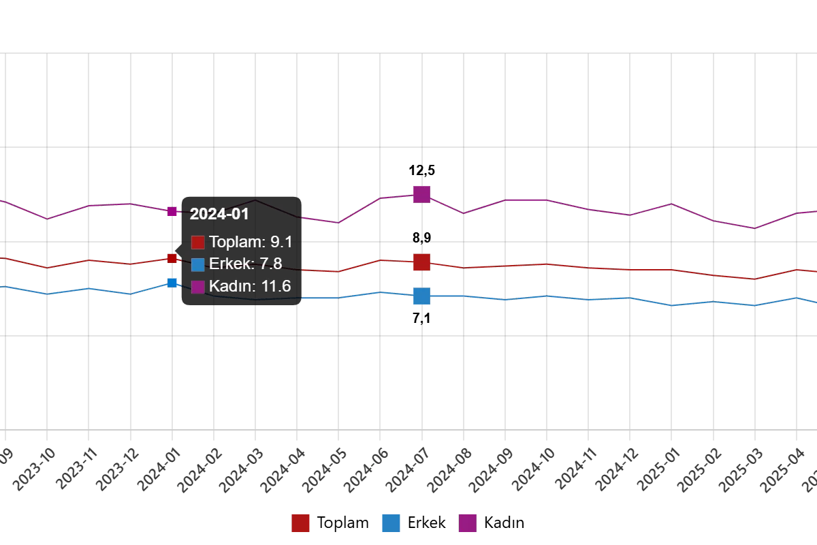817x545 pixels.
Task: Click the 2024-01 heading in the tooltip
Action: coord(219,214)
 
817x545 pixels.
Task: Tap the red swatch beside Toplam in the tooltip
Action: coord(197,243)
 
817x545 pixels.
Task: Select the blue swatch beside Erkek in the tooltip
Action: coord(197,264)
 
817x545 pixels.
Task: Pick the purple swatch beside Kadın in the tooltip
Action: coord(197,287)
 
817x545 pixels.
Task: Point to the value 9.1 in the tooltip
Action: coord(281,242)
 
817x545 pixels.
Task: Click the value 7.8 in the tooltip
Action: coord(271,264)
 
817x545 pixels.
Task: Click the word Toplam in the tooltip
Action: coord(236,242)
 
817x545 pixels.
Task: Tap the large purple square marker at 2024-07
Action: coord(421,194)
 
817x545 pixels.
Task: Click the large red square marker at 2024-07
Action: coord(421,262)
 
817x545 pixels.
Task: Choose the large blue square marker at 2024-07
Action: coord(421,296)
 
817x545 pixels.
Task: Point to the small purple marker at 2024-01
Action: coord(173,212)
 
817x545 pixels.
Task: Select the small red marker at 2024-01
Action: coord(173,258)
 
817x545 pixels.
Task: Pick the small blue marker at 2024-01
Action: coord(173,283)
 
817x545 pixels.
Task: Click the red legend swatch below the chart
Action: coord(300,523)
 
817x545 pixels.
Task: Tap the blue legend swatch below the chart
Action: coord(391,523)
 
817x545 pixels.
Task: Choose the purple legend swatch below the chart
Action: coord(467,523)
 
